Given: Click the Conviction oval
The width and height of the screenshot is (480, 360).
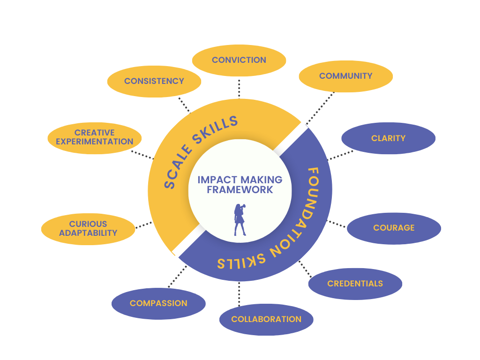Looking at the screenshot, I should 239,60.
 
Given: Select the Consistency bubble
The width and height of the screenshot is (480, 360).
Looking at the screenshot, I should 154,81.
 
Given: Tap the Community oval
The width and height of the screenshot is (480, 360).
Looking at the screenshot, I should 345,76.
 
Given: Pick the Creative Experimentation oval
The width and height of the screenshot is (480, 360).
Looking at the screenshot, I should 95,137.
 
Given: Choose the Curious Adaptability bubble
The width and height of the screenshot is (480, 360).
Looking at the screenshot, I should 88,228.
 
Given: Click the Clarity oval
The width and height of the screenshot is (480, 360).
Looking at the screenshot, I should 388,138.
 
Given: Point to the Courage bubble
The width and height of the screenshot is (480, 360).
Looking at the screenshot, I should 394,228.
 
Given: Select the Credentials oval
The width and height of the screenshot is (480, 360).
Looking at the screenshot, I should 355,284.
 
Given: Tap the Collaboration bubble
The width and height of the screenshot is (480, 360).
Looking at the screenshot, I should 266,319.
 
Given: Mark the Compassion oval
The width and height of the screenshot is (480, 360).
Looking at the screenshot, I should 158,303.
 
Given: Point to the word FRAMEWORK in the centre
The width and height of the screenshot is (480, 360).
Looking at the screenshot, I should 240,190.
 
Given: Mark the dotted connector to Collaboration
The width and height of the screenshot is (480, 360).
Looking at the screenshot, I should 239,293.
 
